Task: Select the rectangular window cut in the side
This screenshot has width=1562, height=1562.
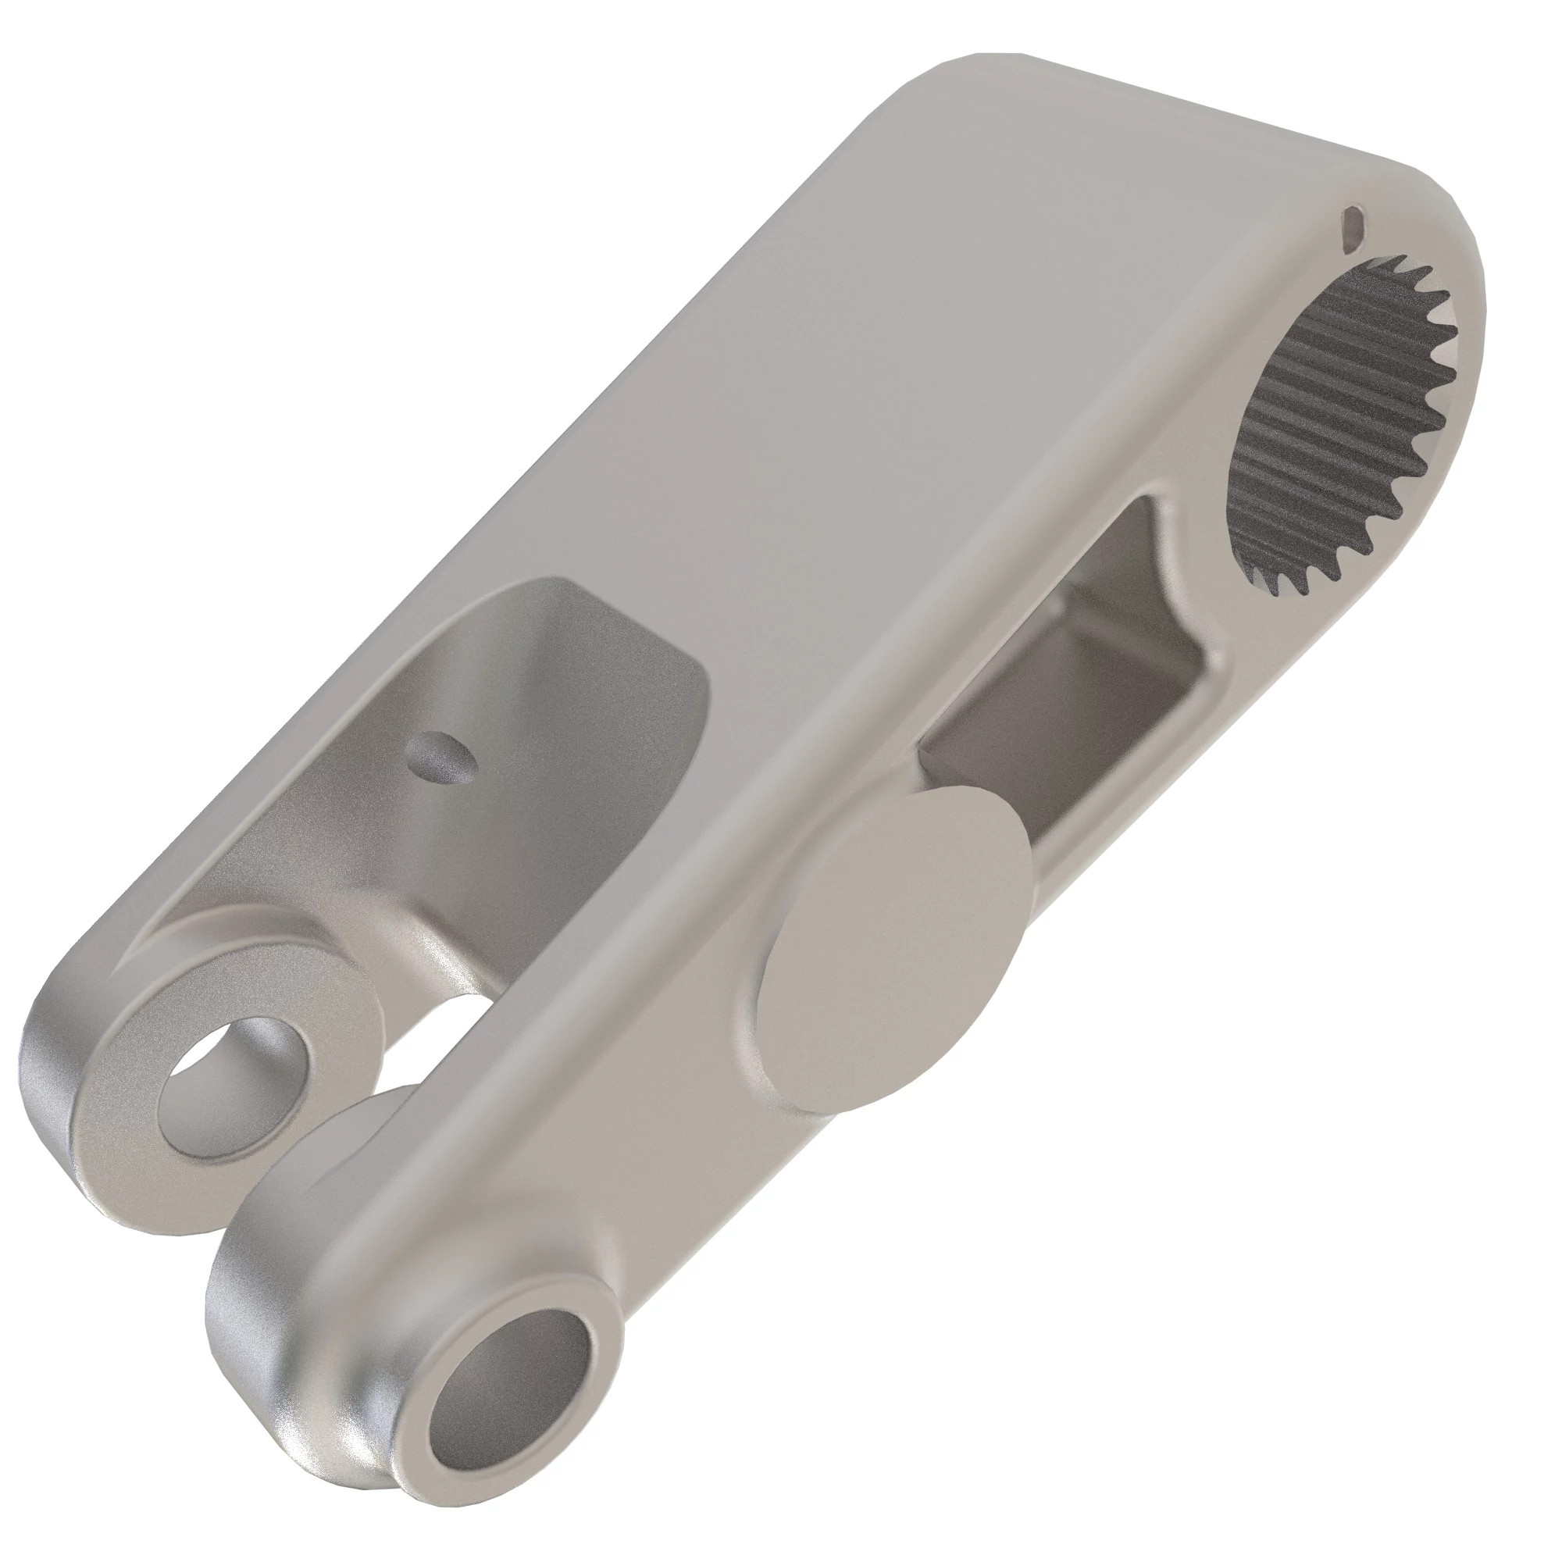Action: (1075, 695)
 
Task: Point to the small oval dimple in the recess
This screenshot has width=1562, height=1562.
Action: (440, 756)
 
